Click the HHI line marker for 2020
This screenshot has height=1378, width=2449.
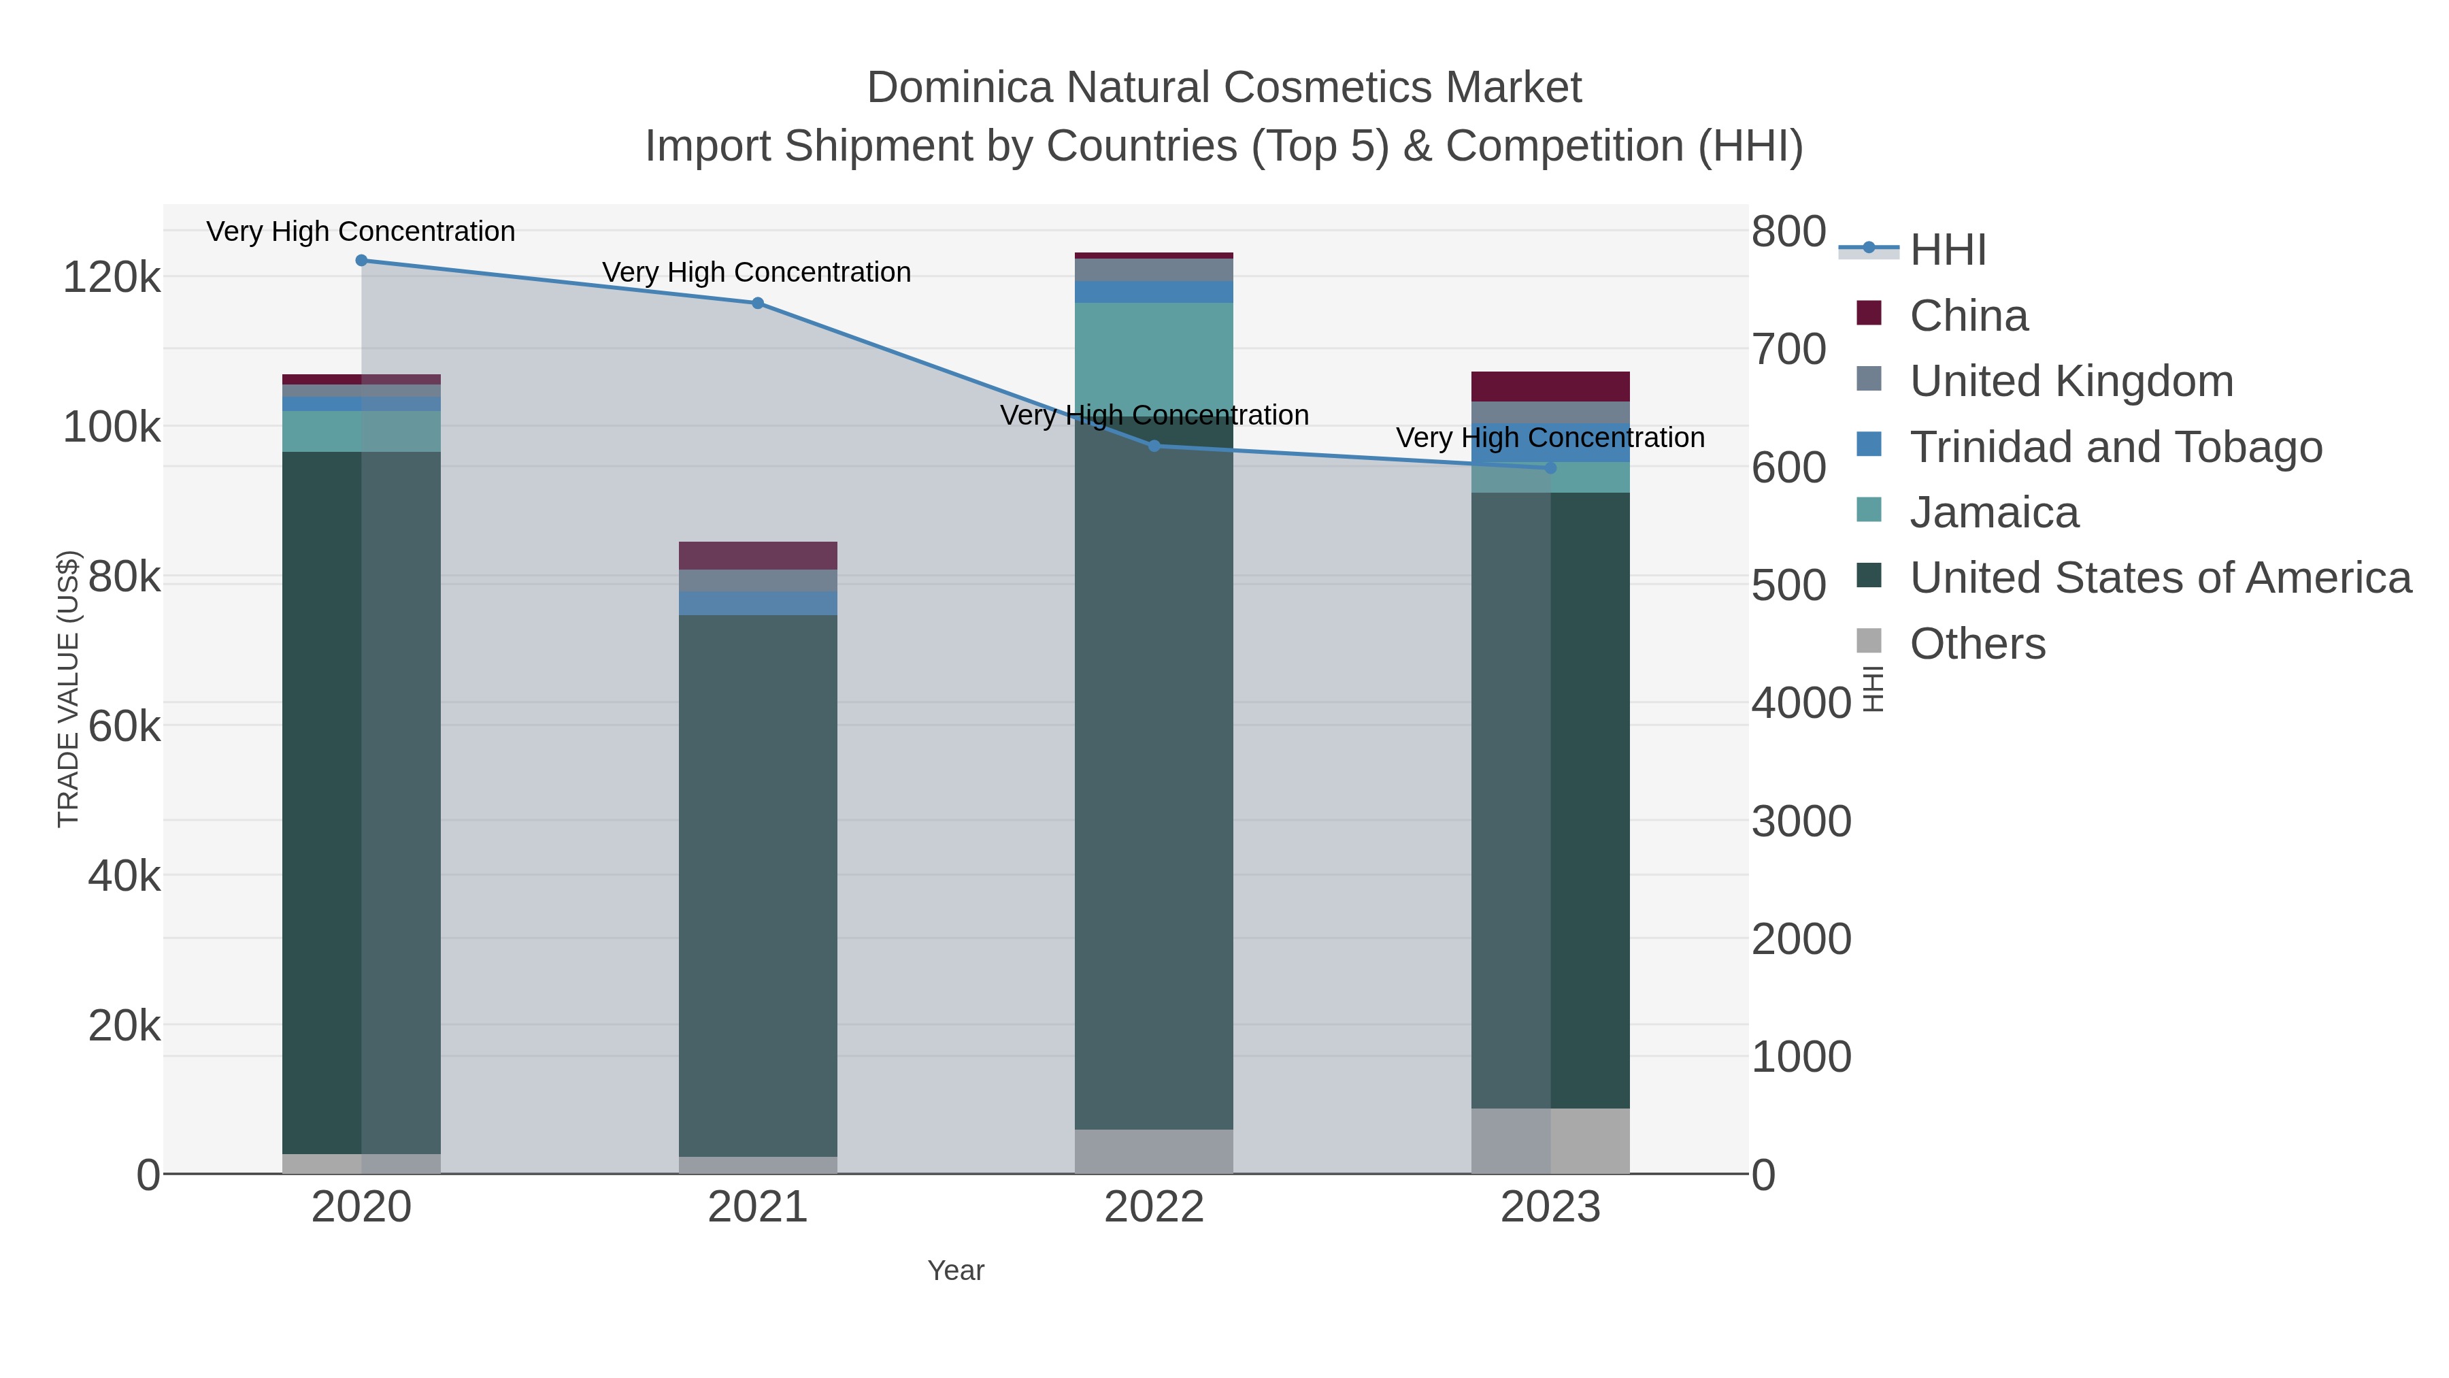click(x=361, y=261)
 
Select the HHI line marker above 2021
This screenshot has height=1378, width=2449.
click(x=758, y=304)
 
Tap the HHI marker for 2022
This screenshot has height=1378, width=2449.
click(x=1154, y=446)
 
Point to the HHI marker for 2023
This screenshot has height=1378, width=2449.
click(x=1550, y=468)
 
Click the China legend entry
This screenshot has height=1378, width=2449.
click(x=1968, y=316)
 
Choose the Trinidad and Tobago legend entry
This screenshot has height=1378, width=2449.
click(x=2115, y=447)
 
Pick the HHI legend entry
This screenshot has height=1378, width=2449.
click(x=1947, y=250)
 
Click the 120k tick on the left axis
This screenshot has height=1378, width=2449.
click(x=112, y=278)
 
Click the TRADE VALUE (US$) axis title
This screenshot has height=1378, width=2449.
click(x=69, y=689)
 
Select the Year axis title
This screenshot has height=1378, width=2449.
click(x=956, y=1270)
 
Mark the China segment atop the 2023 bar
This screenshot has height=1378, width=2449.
click(x=1550, y=386)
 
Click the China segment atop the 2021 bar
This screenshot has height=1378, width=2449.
click(x=758, y=555)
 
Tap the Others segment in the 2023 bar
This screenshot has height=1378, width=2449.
click(x=1550, y=1141)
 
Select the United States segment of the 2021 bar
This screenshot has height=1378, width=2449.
click(x=758, y=885)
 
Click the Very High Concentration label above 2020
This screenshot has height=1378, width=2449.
click(x=361, y=231)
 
